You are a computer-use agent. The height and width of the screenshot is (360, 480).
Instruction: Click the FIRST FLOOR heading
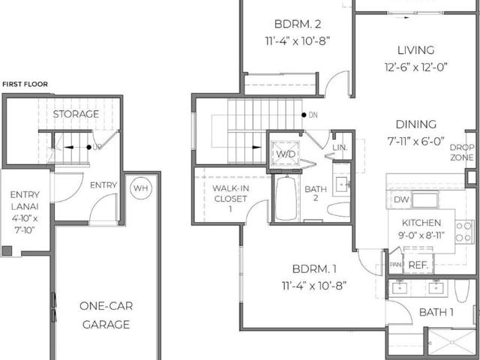[25, 84]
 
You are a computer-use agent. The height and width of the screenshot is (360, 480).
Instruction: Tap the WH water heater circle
[141, 188]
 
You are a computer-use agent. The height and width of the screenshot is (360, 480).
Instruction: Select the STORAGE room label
[76, 114]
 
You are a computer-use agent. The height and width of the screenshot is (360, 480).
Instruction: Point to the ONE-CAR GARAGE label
[106, 315]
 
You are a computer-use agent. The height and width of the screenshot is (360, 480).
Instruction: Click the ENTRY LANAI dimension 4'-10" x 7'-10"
[25, 224]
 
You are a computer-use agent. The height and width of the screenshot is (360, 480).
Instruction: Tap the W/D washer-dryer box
[286, 153]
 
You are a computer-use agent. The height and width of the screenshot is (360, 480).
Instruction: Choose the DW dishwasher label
[401, 199]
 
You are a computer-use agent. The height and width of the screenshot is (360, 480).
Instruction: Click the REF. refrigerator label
[418, 265]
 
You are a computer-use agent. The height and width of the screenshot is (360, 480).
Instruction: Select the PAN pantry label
[395, 265]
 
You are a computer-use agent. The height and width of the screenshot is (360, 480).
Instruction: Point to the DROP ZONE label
[462, 152]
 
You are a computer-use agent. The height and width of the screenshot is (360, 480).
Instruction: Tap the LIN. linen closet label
[340, 148]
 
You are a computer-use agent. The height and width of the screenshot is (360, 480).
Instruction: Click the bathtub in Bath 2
[286, 197]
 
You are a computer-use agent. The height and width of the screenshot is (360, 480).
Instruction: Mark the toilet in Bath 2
[338, 209]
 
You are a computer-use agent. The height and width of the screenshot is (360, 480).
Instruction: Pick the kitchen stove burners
[463, 232]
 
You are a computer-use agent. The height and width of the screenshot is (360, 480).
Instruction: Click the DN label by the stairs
[313, 115]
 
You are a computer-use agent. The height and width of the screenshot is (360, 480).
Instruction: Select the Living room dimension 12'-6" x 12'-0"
[416, 67]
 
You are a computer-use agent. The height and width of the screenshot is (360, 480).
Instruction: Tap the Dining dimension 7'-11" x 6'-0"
[416, 141]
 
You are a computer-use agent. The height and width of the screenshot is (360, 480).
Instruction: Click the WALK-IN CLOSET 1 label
[230, 198]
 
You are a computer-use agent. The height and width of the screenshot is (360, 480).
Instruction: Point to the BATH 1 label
[436, 312]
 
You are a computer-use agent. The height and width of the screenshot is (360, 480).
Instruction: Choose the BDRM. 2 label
[298, 24]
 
